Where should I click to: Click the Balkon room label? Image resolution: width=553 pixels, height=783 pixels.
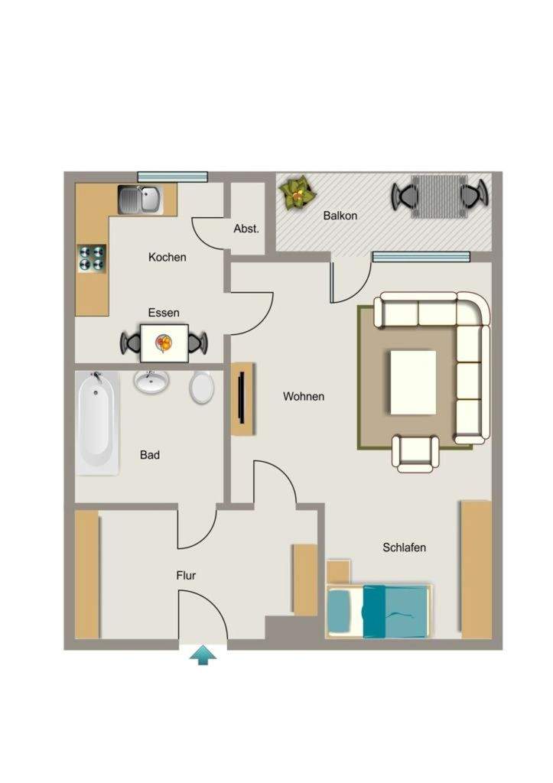pos(340,216)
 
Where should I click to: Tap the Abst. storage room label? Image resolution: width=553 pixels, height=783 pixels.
pos(246,229)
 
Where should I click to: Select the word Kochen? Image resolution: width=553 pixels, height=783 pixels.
pos(168,257)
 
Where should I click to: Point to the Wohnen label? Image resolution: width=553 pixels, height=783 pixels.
pos(304,397)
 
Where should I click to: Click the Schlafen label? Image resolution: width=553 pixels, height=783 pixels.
pos(404,547)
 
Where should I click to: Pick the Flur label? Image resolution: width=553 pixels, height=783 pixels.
pos(186,575)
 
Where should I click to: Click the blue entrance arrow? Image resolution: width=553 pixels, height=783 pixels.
pos(203,655)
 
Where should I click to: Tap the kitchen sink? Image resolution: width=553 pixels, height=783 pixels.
pos(140,198)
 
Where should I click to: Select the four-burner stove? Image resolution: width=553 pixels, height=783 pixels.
pos(92,258)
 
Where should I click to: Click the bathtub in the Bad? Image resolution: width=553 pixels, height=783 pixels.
pos(97,423)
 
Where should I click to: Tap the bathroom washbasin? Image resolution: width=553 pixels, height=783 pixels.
pos(151,382)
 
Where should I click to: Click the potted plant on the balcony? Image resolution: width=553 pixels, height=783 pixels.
pos(298,193)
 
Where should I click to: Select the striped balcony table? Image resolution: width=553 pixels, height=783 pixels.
pos(439,197)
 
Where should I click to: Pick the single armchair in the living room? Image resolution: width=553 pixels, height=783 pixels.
pos(415,453)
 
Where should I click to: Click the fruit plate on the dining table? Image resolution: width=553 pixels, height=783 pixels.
pos(164,343)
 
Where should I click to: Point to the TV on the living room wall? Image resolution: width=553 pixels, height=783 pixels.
pos(242,398)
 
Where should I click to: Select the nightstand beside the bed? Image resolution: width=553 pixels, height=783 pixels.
pos(338,572)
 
